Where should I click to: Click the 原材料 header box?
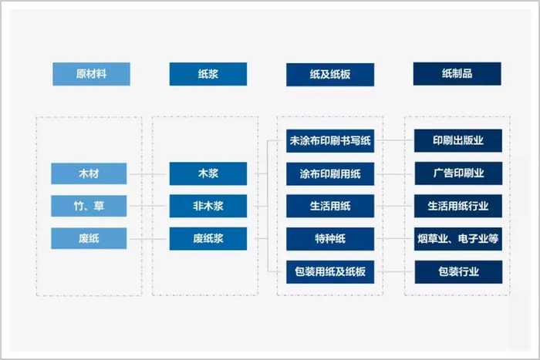91,74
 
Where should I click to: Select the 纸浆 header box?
208,74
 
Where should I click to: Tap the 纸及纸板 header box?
330,74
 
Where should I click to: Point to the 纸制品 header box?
457,74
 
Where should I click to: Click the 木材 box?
89,173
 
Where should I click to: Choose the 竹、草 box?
89,206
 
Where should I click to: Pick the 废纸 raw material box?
89,238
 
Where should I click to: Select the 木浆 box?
208,173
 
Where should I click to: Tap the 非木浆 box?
208,206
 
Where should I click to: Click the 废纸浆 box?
208,238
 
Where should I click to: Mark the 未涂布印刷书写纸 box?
330,140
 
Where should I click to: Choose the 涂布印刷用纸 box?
330,173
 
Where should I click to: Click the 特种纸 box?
330,238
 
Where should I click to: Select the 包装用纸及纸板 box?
330,272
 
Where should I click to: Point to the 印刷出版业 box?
458,140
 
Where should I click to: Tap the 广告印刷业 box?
458,173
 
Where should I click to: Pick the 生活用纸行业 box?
458,206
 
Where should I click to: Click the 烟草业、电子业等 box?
458,239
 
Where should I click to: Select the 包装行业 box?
458,272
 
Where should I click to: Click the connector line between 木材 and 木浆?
148,174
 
